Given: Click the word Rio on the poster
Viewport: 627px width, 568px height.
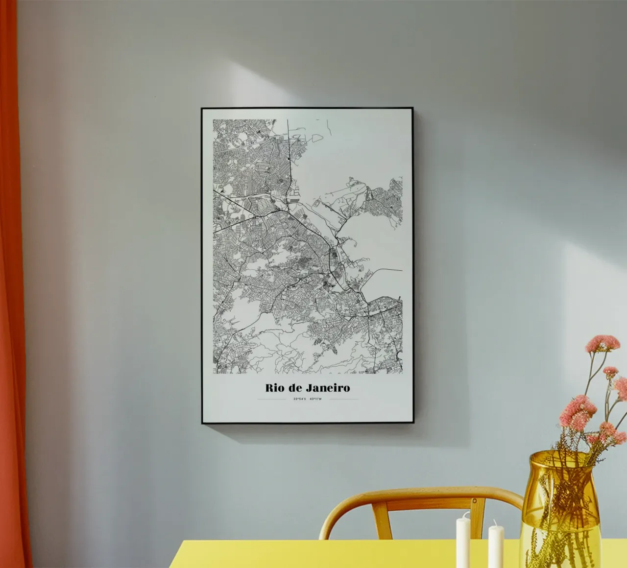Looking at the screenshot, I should click(274, 388).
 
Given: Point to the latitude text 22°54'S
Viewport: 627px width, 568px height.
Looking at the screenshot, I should click(300, 399).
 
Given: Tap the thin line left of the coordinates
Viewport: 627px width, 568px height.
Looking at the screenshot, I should click(271, 399).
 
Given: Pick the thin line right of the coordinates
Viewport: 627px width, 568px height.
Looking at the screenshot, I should click(344, 399).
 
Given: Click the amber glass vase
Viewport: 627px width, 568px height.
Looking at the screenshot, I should click(560, 509).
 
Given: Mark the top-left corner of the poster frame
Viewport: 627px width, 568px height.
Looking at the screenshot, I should click(202, 109).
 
